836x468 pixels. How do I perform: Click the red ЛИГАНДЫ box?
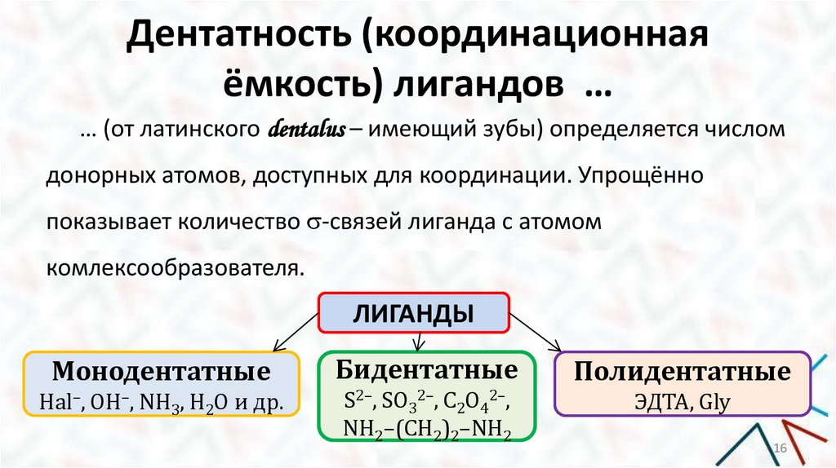click(x=414, y=313)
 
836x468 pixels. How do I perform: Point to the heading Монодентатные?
click(x=162, y=372)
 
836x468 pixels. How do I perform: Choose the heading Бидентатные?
click(x=427, y=371)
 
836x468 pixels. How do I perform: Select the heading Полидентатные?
click(x=682, y=373)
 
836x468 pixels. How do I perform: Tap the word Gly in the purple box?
click(x=713, y=401)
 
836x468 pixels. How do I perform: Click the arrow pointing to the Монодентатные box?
click(x=278, y=334)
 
